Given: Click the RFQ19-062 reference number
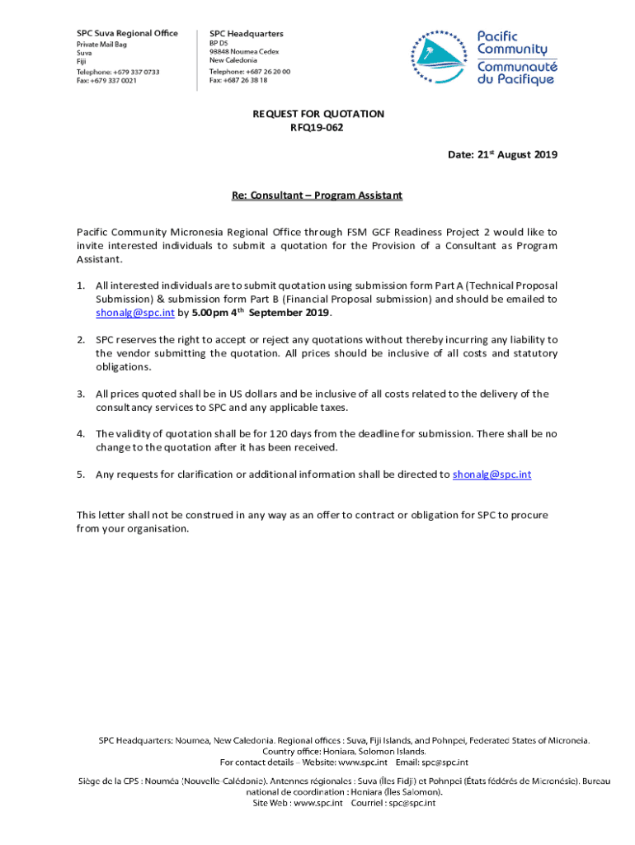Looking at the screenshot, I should pyautogui.click(x=317, y=127).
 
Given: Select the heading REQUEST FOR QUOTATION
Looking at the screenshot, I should pyautogui.click(x=318, y=114).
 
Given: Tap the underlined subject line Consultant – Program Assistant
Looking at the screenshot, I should pyautogui.click(x=317, y=196).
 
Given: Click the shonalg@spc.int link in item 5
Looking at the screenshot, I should pyautogui.click(x=492, y=474).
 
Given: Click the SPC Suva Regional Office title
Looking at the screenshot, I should pyautogui.click(x=127, y=33).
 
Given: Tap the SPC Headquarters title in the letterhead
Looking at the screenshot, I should pyautogui.click(x=247, y=33).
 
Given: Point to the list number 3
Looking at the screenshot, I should pyautogui.click(x=81, y=394).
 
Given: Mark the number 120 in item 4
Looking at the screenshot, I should pyautogui.click(x=279, y=434).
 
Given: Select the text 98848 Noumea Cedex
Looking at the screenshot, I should pyautogui.click(x=244, y=51).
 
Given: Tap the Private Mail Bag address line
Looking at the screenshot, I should pyautogui.click(x=101, y=43).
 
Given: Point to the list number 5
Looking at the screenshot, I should pyautogui.click(x=81, y=474).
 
